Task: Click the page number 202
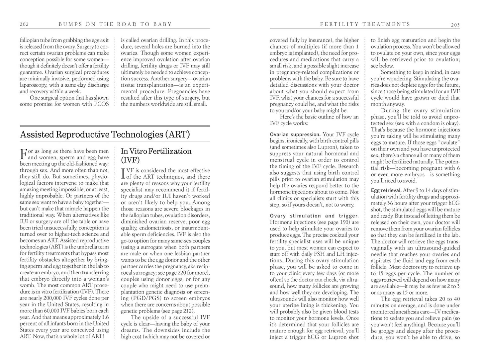(24, 24)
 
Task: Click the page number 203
(455, 25)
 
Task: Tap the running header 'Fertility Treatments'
(365, 24)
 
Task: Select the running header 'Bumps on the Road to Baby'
(115, 24)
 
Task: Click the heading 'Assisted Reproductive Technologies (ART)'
(105, 135)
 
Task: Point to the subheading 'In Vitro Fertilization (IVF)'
(156, 155)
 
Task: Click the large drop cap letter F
(23, 154)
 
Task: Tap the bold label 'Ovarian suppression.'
(295, 135)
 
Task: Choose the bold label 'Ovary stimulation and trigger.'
(314, 216)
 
